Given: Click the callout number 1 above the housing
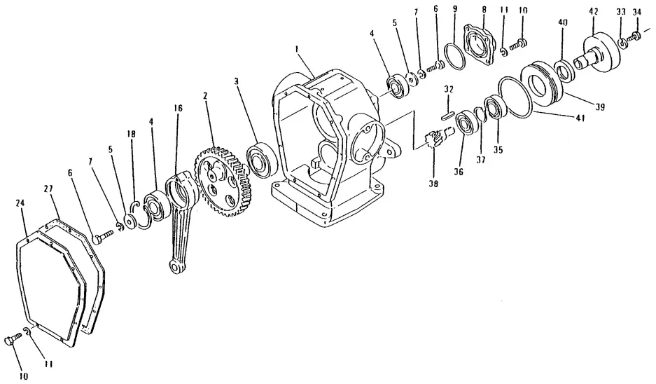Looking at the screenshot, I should point(298,50).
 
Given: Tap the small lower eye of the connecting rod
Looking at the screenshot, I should point(175,266).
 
